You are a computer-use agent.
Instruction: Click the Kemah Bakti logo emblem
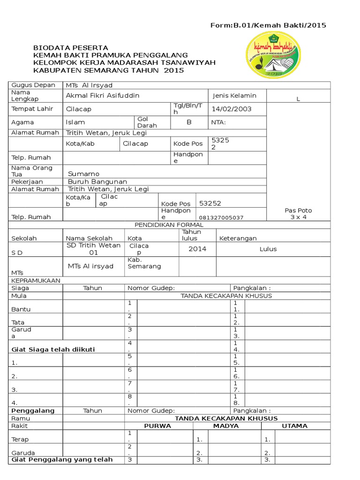click(274, 56)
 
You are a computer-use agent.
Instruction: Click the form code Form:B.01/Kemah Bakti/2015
click(269, 25)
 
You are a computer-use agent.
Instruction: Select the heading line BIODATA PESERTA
click(70, 48)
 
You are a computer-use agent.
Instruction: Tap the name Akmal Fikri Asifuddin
click(103, 96)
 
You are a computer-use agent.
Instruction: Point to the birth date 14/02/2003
click(232, 109)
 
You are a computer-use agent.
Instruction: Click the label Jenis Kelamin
click(234, 96)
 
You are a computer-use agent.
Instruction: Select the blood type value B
click(189, 122)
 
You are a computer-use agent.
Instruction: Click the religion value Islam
click(75, 122)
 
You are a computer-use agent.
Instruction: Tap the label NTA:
click(218, 122)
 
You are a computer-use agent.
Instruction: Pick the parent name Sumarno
click(83, 174)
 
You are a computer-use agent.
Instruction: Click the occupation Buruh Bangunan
click(97, 181)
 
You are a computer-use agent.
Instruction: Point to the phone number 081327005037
click(221, 218)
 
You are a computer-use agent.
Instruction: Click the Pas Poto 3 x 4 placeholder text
click(298, 214)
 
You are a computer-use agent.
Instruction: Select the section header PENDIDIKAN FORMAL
click(169, 225)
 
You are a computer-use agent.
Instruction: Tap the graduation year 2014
click(197, 249)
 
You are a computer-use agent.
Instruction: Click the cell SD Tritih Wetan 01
click(93, 249)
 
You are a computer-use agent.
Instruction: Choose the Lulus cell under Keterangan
click(268, 249)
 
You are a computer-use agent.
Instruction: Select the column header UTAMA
click(294, 426)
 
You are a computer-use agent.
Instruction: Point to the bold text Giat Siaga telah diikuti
click(53, 349)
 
